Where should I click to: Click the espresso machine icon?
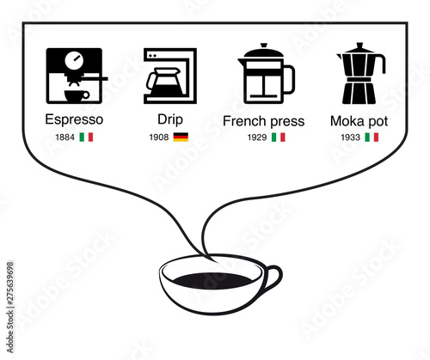click(x=75, y=76)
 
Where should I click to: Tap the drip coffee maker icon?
click(x=170, y=76)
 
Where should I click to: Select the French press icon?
click(x=267, y=73)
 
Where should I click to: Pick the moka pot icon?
click(x=361, y=73)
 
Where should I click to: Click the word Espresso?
click(x=74, y=119)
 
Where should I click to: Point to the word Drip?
click(x=170, y=119)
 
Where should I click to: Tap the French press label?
click(x=264, y=121)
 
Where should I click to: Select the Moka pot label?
click(x=359, y=121)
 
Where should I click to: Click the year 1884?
click(x=64, y=137)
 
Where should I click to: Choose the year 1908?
click(x=159, y=137)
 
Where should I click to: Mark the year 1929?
click(x=257, y=137)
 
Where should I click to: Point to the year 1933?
click(x=350, y=137)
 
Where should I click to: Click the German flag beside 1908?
click(x=181, y=137)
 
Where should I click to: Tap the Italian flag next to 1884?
click(x=86, y=137)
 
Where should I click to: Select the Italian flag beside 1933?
click(x=372, y=137)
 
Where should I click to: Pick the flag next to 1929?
click(x=279, y=137)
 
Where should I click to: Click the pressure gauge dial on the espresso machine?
click(x=74, y=60)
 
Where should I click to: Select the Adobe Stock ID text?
click(x=10, y=308)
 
